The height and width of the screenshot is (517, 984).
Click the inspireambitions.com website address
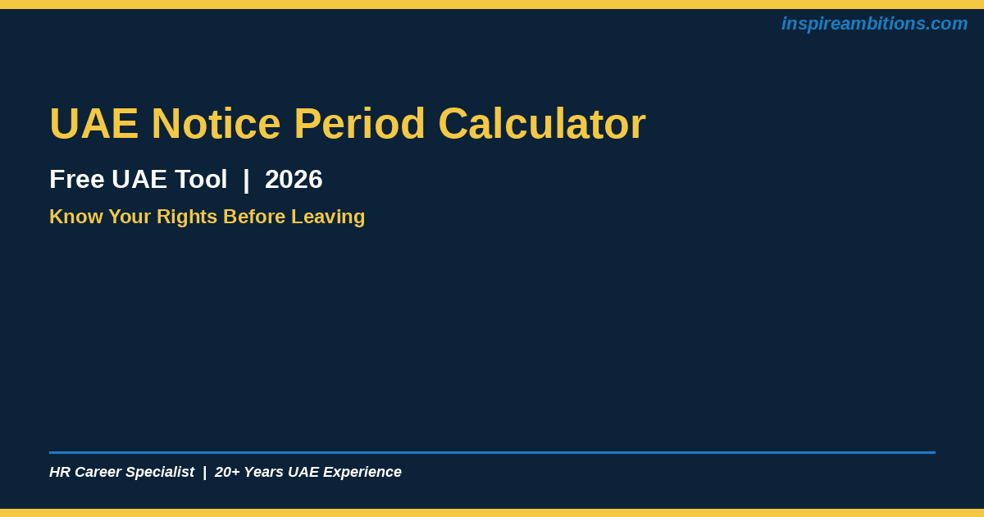[874, 24]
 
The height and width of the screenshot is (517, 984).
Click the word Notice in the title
[216, 124]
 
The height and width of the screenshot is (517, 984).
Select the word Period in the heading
[359, 124]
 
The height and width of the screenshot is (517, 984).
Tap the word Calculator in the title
[542, 124]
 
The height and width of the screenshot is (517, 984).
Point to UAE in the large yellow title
[94, 124]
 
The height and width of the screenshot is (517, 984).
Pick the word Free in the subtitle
[77, 180]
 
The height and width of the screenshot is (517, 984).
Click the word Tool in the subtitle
[201, 180]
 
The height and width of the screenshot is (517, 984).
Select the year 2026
[294, 180]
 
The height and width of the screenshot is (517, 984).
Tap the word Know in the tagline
[76, 217]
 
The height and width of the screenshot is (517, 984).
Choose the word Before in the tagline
[254, 217]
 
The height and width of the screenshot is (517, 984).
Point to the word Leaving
[328, 217]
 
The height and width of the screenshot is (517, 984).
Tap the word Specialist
[160, 472]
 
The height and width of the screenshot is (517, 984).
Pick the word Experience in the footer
[362, 472]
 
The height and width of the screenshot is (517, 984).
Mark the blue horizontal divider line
[493, 452]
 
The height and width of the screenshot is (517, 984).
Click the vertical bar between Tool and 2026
[246, 181]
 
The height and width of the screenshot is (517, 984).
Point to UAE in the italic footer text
[303, 472]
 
